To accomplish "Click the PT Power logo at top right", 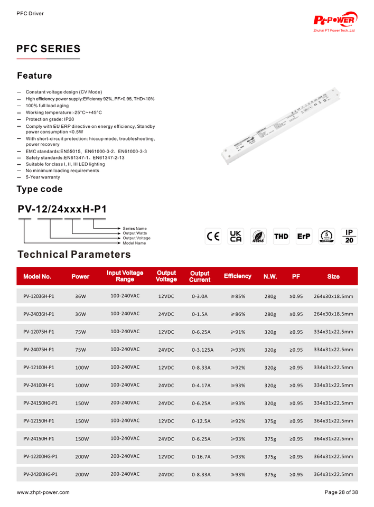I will (x=336, y=21).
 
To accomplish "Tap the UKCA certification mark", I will (x=236, y=237).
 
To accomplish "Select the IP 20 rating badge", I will (x=349, y=237).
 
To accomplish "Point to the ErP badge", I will (x=304, y=237).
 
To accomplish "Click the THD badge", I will (x=281, y=237).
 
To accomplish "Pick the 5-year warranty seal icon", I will (x=327, y=237).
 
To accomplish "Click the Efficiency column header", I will (x=237, y=276).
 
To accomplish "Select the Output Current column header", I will (x=200, y=276).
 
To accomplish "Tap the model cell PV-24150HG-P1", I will (x=41, y=403).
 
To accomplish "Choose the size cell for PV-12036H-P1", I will (x=333, y=296).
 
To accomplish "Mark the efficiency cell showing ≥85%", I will (x=237, y=296).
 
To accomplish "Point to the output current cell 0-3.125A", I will (x=202, y=350).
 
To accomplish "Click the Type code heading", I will (x=40, y=189).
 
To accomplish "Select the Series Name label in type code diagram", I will (x=135, y=228).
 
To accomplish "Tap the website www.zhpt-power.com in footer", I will (x=43, y=492).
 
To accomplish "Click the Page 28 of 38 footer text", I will (x=341, y=492).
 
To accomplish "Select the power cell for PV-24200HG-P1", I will (x=81, y=475).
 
